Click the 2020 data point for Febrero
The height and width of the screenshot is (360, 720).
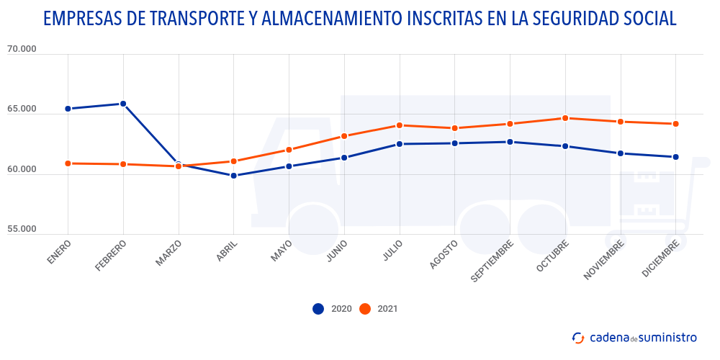point(123,104)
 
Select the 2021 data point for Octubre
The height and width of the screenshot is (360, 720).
point(565,118)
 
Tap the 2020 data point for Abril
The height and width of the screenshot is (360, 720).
point(234,176)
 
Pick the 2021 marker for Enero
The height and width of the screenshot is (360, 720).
point(68,163)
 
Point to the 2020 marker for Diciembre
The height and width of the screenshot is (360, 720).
point(675,157)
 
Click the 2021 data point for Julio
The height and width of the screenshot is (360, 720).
point(400,125)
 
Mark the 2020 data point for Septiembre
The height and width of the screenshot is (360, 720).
point(510,142)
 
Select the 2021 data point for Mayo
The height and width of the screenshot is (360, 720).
point(289,150)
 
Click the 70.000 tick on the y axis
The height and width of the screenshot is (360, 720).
point(21,50)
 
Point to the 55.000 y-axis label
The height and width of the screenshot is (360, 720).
point(21,229)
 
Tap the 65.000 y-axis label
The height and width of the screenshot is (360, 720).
point(21,109)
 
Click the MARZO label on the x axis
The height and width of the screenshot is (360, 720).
point(168,253)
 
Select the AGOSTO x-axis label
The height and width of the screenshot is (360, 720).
point(444,255)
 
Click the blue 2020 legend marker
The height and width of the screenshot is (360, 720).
point(318,309)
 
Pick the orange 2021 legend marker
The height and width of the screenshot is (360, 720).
point(365,309)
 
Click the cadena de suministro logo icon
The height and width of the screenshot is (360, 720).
point(577,338)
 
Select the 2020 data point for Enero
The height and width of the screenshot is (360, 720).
point(68,109)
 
